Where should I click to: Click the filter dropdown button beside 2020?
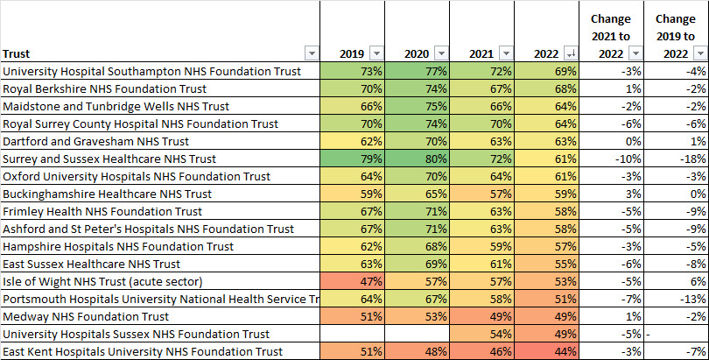(x=441, y=53)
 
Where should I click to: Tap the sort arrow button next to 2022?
(x=571, y=53)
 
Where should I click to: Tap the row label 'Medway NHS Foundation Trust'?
(x=88, y=316)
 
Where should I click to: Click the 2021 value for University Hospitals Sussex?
(x=482, y=334)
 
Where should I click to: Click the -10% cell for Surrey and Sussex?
(x=610, y=159)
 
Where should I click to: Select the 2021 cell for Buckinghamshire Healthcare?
(x=482, y=194)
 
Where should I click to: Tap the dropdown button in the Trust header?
(x=310, y=53)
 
